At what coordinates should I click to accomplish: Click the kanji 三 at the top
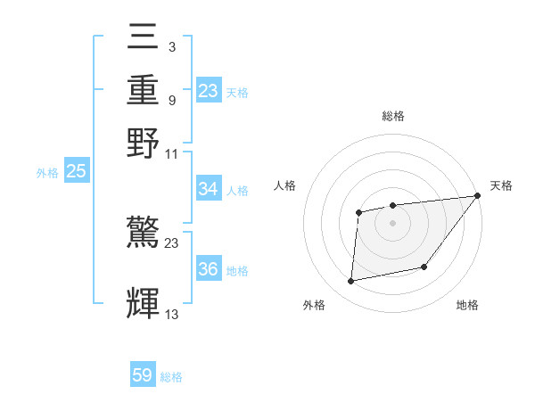point(144,37)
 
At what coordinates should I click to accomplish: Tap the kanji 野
point(144,144)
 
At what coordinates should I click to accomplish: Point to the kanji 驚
point(144,234)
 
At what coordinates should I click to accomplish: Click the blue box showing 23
point(209,91)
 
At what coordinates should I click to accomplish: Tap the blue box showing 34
point(209,189)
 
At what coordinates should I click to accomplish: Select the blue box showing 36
point(209,269)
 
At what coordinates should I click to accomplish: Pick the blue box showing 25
point(76,171)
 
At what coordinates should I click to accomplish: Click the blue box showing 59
point(143,376)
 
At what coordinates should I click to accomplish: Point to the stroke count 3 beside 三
point(171,45)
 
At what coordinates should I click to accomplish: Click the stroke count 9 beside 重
point(171,99)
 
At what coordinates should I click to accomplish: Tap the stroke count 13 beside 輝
point(172,313)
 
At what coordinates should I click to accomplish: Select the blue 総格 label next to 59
point(171,377)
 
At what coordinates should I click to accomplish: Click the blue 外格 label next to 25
point(46,173)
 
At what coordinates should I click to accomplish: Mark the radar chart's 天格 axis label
point(501,185)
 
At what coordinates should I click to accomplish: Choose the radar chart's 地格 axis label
point(467,306)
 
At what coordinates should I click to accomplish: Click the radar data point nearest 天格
point(478,196)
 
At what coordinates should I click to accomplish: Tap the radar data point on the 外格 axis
point(351,282)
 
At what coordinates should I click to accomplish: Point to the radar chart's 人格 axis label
point(285,185)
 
